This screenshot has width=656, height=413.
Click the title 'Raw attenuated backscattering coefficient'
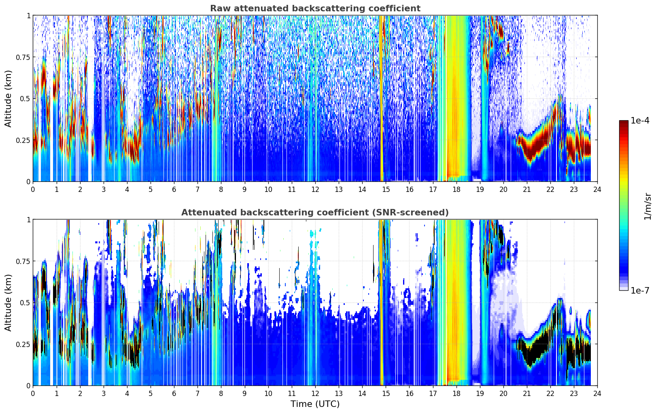click(315, 8)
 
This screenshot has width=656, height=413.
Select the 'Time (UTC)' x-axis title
click(315, 404)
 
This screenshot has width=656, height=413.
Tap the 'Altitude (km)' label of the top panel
click(8, 99)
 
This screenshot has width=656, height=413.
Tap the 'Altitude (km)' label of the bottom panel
click(8, 303)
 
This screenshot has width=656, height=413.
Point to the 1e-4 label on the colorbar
click(639, 120)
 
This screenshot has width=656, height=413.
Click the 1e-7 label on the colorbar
click(639, 291)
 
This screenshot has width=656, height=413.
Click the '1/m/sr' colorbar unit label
click(648, 206)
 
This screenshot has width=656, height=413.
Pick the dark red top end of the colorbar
click(624, 122)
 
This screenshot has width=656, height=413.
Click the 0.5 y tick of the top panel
click(25, 99)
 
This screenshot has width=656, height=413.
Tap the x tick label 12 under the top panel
click(315, 189)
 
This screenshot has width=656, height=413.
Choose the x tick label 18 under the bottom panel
click(456, 394)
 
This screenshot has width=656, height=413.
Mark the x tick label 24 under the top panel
click(597, 189)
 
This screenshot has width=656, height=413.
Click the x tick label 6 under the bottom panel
click(174, 394)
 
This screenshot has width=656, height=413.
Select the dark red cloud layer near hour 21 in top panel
click(531, 147)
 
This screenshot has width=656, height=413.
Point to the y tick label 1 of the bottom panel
click(29, 220)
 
